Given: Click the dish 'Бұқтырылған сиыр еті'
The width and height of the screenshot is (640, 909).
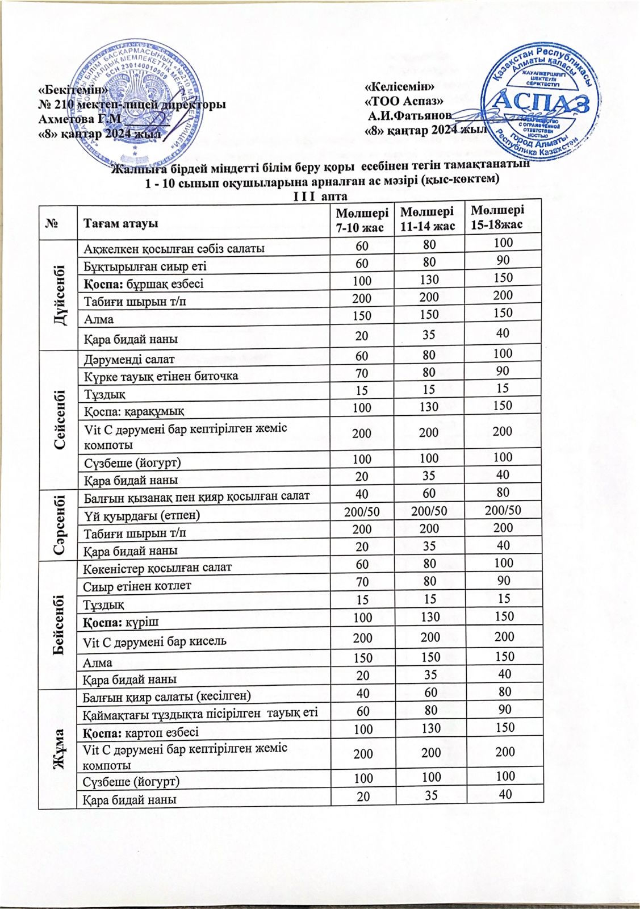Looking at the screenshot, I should [145, 266].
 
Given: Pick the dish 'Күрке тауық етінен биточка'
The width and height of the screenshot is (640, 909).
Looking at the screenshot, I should [161, 376].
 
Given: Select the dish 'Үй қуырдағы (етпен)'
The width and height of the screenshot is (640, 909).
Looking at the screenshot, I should [142, 515].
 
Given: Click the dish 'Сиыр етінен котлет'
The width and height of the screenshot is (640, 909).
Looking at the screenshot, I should [137, 585].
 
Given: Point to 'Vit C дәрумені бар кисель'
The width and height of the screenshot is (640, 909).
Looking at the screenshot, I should [155, 641].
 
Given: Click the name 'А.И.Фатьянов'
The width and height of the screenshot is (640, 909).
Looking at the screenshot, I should [409, 116].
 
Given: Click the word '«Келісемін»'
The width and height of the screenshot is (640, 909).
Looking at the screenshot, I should [400, 87].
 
